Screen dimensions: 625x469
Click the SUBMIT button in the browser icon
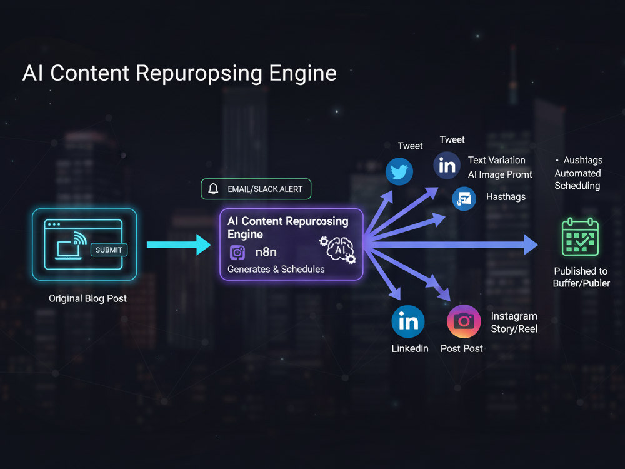109,250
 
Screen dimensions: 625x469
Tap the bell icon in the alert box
214,189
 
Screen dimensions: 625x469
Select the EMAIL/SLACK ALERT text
265,189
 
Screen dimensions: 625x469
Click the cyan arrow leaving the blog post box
179,245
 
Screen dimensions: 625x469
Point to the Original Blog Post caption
87,298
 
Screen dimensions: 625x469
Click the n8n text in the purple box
266,252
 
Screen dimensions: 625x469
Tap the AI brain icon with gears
337,250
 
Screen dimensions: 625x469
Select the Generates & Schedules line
276,269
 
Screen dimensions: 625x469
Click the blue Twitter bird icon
399,171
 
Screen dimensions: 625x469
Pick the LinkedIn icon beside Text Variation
447,165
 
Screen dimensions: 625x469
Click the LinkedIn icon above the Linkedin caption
408,321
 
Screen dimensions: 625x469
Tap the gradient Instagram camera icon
464,321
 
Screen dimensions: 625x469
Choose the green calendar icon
580,237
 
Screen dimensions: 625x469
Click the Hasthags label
506,196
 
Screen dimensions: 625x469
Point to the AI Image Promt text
500,174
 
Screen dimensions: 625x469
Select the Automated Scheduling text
577,179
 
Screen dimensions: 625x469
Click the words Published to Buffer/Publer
581,277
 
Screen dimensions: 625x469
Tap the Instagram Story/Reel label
514,322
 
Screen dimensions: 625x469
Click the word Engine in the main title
303,73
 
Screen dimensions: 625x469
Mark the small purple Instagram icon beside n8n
237,253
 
